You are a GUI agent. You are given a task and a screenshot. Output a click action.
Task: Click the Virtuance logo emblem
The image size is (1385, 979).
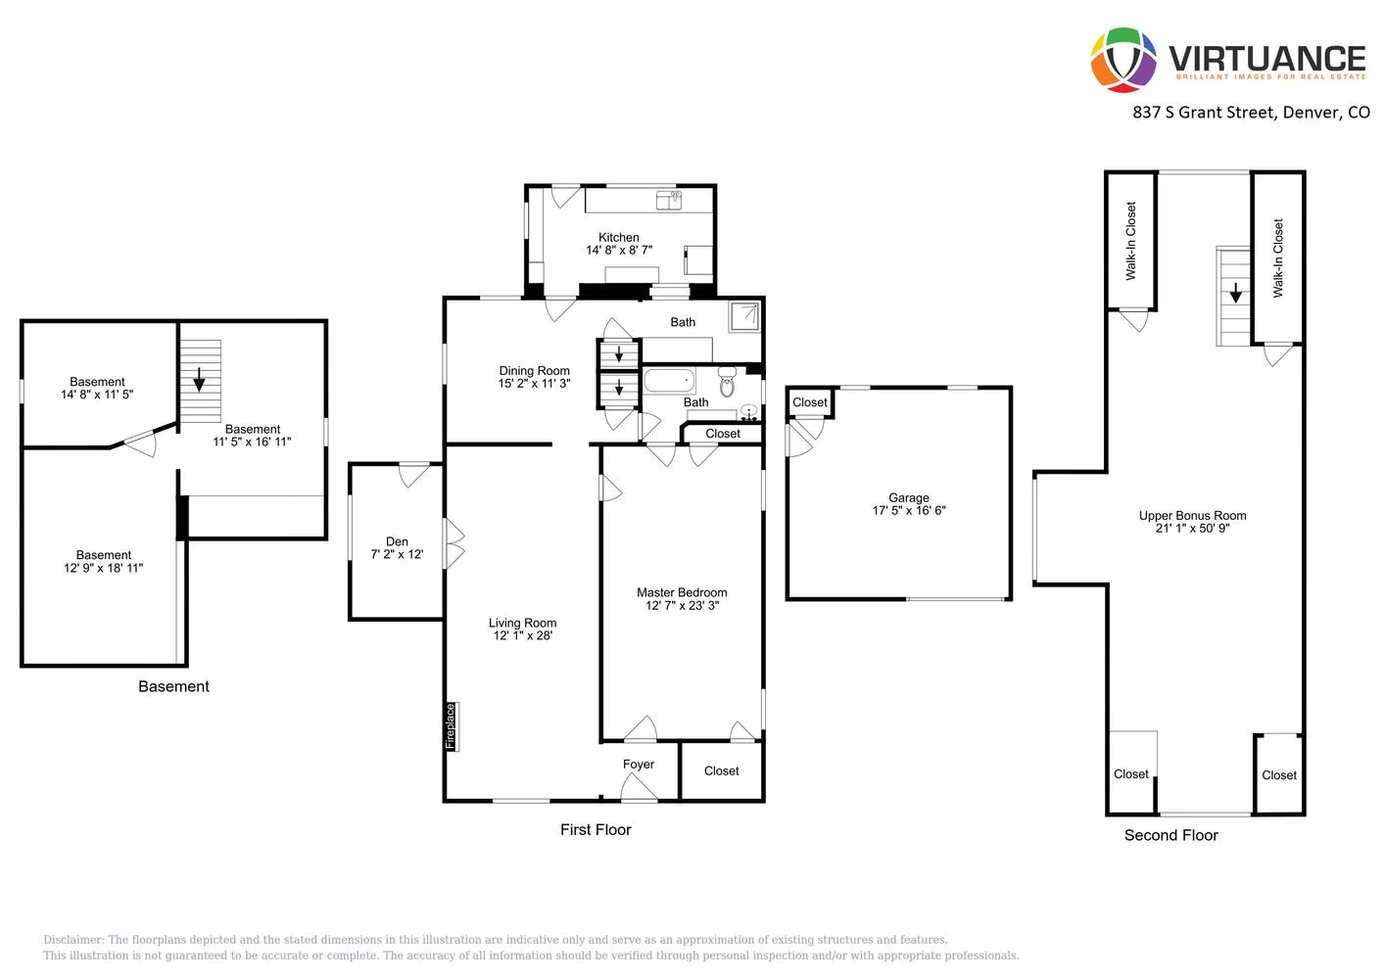pos(1122,60)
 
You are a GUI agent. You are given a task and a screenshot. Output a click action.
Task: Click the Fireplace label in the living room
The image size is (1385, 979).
pos(451,726)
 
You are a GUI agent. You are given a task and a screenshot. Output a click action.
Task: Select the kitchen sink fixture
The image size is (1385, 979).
pos(669,201)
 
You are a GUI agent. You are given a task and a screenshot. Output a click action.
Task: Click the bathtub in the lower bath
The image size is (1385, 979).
pos(669,381)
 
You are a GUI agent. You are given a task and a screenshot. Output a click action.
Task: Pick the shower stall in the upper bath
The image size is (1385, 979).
pos(743,317)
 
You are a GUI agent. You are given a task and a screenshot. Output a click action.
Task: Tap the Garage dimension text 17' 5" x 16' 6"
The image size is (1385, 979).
pos(909,510)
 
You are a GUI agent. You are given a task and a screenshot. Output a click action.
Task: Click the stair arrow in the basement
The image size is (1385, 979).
pos(199,380)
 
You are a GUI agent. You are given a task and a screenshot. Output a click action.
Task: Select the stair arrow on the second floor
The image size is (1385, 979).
pos(1235,293)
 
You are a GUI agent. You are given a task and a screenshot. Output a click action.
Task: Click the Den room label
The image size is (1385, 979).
pos(397,541)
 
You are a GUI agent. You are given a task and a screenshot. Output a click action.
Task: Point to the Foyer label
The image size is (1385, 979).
pos(638,765)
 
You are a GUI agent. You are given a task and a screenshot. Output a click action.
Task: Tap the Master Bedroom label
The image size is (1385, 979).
pos(682,592)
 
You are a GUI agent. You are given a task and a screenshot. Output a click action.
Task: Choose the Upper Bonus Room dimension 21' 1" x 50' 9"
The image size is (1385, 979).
pos(1193,529)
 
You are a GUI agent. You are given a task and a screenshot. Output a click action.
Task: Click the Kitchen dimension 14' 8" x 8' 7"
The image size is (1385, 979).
pos(619,251)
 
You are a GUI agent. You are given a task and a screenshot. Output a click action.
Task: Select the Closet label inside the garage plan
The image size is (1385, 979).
pos(810,402)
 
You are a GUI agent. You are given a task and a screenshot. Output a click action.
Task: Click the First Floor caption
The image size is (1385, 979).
pos(596,830)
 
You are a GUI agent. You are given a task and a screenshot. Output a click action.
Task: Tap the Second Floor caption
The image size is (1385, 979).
pos(1171,836)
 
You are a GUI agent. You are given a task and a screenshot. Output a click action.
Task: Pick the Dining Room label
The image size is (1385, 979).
pos(534,371)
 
